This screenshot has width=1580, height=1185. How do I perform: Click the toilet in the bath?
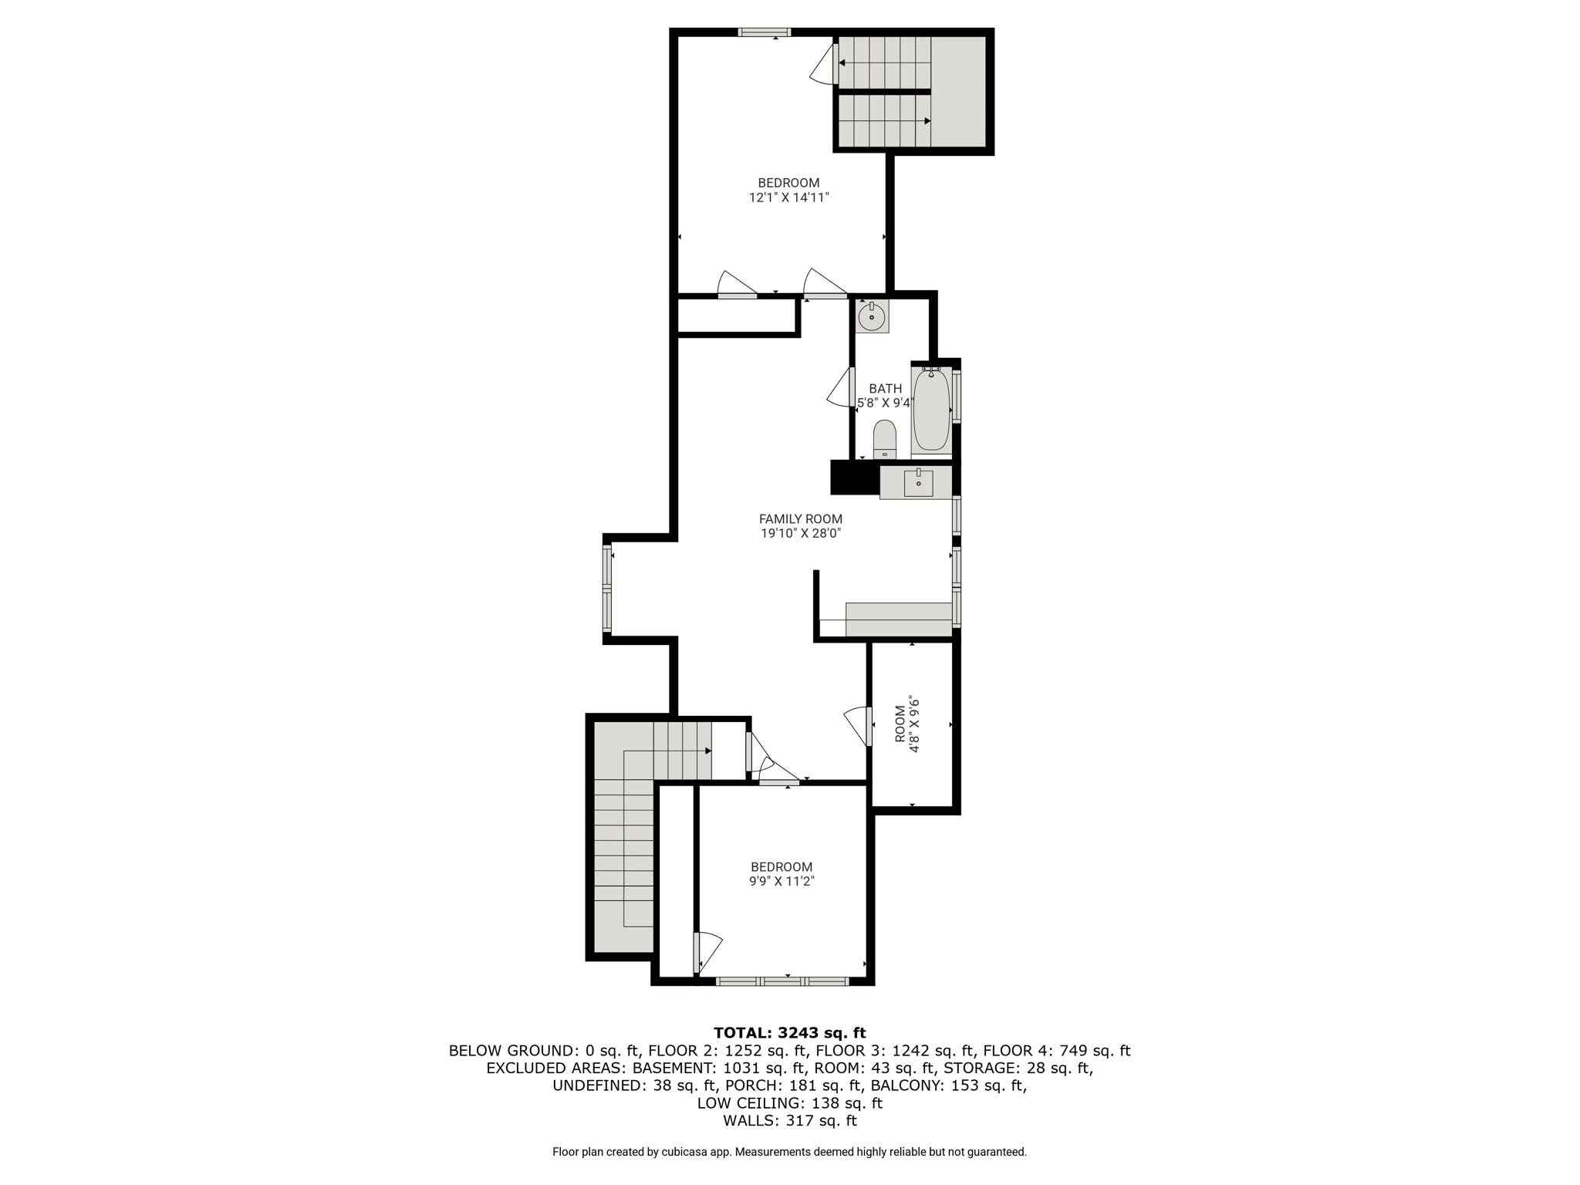[x=884, y=440]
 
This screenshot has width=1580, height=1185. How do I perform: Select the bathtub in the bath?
[x=931, y=410]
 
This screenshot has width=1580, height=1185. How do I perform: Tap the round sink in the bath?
[x=872, y=316]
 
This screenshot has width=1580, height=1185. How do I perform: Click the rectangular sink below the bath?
[x=918, y=483]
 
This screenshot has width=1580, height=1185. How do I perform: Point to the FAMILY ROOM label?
[x=801, y=519]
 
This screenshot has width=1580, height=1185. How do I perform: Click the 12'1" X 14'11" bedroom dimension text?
[x=788, y=197]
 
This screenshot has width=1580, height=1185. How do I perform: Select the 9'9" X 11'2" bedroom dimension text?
[x=782, y=881]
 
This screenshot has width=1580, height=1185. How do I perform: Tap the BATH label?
[x=885, y=389]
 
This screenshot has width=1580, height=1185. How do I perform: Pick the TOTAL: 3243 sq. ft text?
[x=790, y=1032]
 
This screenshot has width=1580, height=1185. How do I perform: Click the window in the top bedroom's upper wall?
[x=765, y=32]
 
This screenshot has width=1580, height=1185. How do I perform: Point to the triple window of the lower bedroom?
[x=782, y=981]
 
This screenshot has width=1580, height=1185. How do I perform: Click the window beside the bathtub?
[x=957, y=396]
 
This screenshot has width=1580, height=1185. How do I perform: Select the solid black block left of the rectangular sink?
[x=855, y=478]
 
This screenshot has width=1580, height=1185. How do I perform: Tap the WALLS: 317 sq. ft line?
[x=790, y=1121]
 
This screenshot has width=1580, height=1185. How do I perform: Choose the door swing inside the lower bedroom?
[x=708, y=954]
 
